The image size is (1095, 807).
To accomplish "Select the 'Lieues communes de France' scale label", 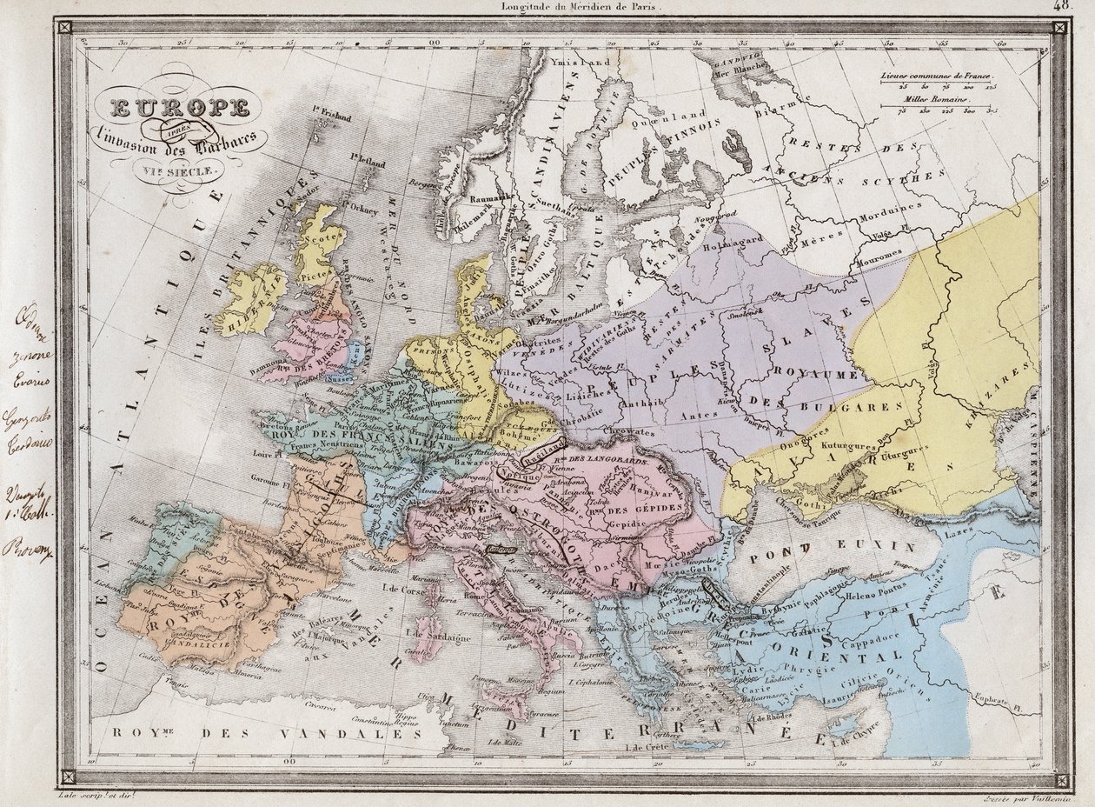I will tap(937, 77).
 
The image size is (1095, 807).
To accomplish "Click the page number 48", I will tap(1062, 5).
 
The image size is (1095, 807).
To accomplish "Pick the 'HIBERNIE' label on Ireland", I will tap(249, 303).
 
